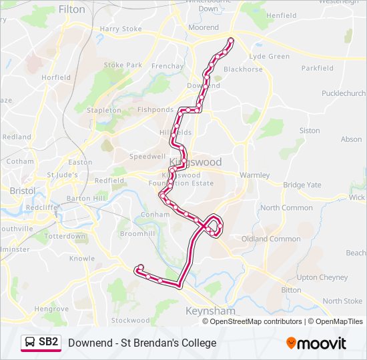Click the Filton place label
pos(72,9)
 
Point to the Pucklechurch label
pos(344,93)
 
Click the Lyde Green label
pos(270,57)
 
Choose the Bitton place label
pos(291,290)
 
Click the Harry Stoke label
pos(121,29)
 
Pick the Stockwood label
pos(131,320)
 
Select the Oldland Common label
pos(271,239)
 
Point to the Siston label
pos(310,131)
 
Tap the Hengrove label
pos(51,309)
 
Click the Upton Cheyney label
pos(322,277)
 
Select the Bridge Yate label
pos(302,185)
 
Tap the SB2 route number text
pos(49,343)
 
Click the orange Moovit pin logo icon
pos(292,343)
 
